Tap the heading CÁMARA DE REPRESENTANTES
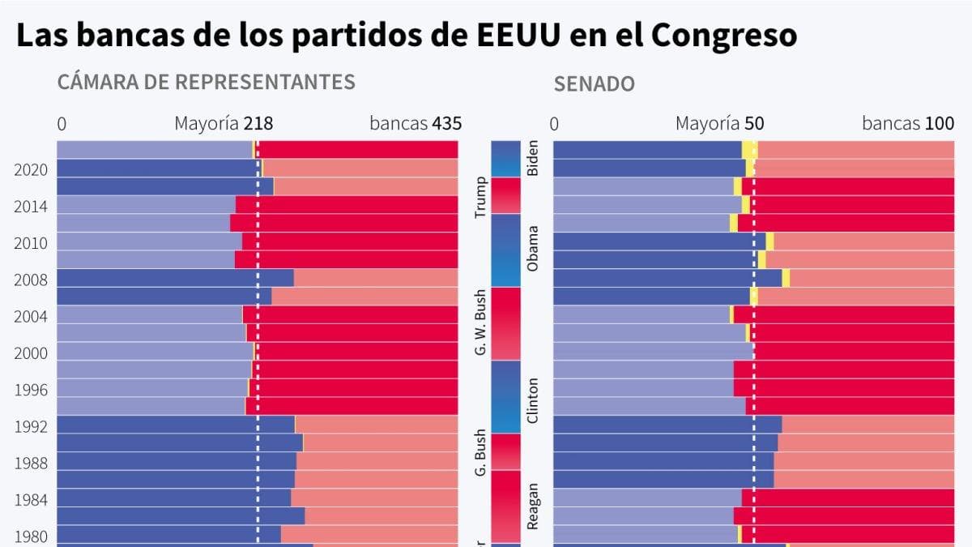pyautogui.click(x=206, y=82)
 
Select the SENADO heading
pyautogui.click(x=594, y=83)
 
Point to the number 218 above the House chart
pyautogui.click(x=258, y=124)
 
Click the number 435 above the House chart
pyautogui.click(x=446, y=124)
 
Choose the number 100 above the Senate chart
pyautogui.click(x=940, y=124)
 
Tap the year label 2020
pyautogui.click(x=31, y=170)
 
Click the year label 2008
pyautogui.click(x=31, y=280)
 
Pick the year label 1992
pyautogui.click(x=31, y=427)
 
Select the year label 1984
pyautogui.click(x=31, y=501)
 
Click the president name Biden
pyautogui.click(x=532, y=158)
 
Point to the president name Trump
pyautogui.click(x=480, y=198)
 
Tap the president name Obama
pyautogui.click(x=532, y=249)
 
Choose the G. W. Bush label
pyautogui.click(x=480, y=323)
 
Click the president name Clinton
pyautogui.click(x=532, y=400)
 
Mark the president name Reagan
pyautogui.click(x=532, y=506)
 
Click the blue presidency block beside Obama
pyautogui.click(x=505, y=250)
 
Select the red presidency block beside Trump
pyautogui.click(x=505, y=195)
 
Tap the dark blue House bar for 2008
pyautogui.click(x=175, y=278)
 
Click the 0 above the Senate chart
pyautogui.click(x=554, y=124)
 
